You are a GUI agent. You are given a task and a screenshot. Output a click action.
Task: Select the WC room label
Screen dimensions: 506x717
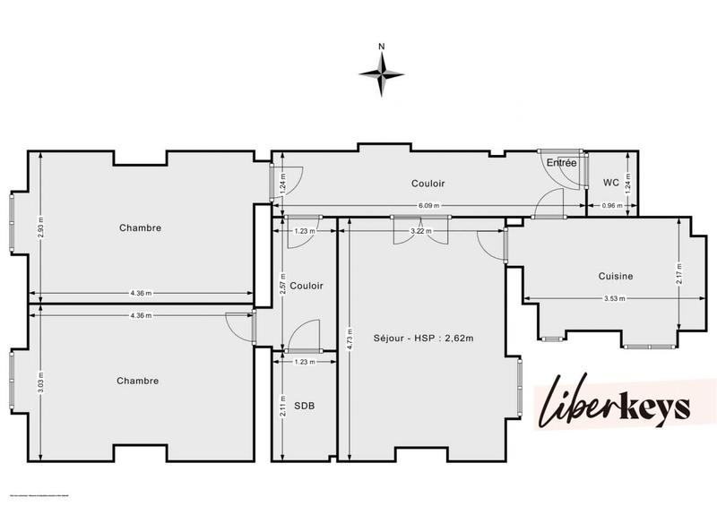611,183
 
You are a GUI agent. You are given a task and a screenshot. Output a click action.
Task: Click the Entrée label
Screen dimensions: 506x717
562,162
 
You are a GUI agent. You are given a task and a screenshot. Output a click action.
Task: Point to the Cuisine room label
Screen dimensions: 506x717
616,276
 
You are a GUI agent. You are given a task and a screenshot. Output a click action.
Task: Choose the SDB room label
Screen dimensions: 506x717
304,406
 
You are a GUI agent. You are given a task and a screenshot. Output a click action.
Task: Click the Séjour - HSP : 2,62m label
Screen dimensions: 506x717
423,338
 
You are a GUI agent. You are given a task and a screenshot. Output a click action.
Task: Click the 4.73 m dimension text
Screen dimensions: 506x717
347,341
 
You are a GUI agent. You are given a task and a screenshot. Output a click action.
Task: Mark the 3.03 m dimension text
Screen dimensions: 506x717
40,382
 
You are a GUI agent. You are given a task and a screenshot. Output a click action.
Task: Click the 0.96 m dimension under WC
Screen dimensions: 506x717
611,206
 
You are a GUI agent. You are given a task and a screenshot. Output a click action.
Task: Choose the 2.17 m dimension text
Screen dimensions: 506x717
680,273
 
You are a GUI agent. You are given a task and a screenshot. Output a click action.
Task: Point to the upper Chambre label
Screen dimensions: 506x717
140,227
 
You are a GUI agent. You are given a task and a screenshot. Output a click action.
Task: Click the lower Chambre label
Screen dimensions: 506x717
138,381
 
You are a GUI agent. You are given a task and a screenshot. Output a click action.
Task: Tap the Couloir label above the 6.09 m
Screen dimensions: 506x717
428,183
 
